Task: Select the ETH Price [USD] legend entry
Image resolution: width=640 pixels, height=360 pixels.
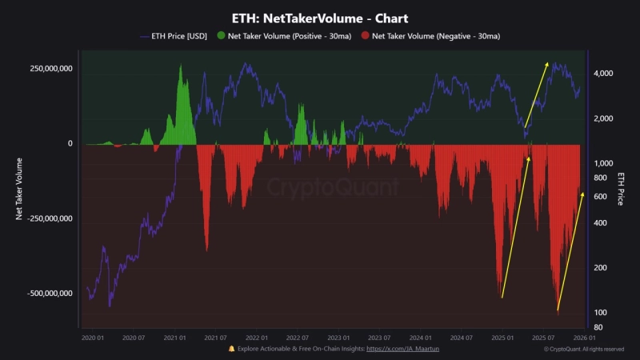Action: [174, 36]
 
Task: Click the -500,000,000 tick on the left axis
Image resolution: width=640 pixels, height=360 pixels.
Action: [50, 294]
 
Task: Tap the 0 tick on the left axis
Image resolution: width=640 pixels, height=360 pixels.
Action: [70, 144]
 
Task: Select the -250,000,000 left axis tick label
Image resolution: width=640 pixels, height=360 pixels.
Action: [50, 218]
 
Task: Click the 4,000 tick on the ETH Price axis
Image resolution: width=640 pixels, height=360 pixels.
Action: [602, 74]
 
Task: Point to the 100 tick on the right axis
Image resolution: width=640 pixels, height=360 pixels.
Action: [599, 312]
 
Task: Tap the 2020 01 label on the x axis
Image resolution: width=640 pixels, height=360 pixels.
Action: [93, 338]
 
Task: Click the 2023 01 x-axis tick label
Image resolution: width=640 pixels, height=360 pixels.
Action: [339, 338]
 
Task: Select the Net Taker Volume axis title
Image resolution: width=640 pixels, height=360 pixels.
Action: [18, 189]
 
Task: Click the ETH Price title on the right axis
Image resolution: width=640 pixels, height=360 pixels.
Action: [621, 189]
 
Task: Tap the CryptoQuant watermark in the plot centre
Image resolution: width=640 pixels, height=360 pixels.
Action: [332, 188]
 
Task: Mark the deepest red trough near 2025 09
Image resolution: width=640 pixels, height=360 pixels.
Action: [558, 308]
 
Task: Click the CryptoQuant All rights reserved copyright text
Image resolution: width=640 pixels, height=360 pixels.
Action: [583, 350]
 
